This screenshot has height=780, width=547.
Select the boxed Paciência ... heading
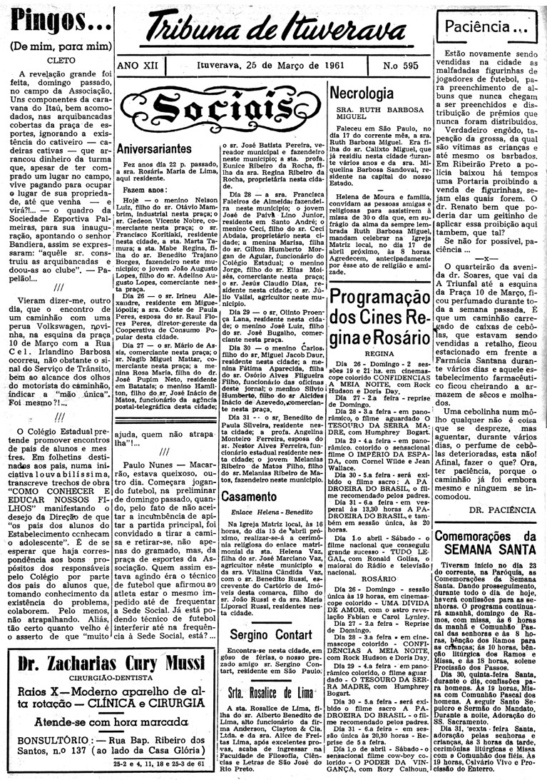(487, 29)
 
